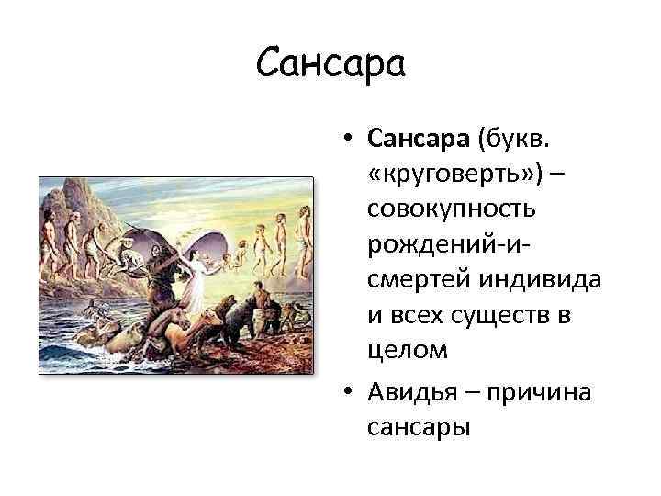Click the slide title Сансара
[x=330, y=62]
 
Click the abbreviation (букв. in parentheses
[x=521, y=139]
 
